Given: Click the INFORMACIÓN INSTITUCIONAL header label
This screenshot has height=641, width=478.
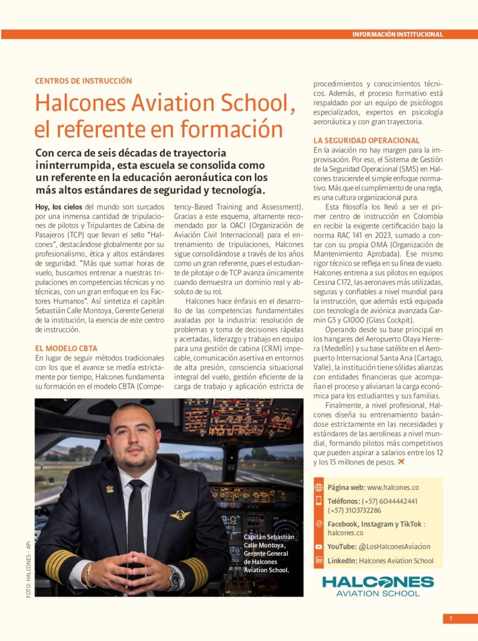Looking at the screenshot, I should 397,34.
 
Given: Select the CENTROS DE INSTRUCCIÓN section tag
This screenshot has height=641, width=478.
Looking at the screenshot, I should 83,81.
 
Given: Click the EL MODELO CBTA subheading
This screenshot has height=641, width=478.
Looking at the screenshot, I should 66,348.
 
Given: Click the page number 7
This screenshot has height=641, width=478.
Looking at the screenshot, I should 450,618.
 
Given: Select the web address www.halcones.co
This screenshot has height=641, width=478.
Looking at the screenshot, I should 393,487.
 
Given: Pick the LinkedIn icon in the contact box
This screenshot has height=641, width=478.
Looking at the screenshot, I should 319,560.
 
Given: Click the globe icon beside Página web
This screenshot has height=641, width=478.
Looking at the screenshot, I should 319,487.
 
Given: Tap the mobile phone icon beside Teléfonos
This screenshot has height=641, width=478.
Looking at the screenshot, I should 319,501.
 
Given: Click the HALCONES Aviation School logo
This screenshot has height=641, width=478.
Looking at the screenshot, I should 377,586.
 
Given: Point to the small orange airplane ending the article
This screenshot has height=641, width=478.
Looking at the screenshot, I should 401,462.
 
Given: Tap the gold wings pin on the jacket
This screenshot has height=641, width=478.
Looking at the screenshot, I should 179,515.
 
